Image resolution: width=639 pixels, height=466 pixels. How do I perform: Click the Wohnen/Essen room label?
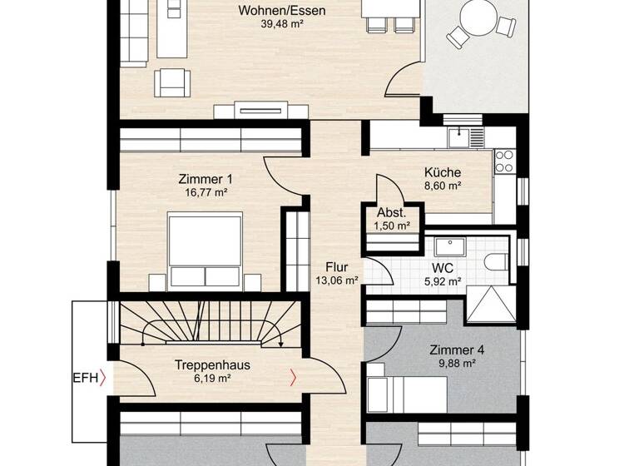click(x=281, y=11)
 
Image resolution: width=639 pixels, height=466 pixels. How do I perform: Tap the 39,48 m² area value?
click(x=281, y=24)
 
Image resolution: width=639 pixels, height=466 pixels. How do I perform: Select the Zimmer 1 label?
click(x=206, y=179)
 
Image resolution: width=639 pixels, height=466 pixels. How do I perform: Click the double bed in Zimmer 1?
click(x=206, y=250)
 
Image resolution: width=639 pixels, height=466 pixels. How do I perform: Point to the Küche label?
click(x=441, y=173)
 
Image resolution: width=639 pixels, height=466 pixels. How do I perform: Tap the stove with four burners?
click(x=504, y=161)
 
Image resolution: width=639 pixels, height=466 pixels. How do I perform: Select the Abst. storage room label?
click(x=392, y=212)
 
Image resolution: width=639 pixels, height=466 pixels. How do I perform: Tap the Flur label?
click(x=337, y=267)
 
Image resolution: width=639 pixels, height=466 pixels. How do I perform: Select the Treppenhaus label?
click(x=212, y=364)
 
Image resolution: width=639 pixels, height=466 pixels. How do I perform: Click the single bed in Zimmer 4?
click(x=404, y=388)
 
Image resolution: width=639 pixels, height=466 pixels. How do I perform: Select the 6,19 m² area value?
click(x=212, y=378)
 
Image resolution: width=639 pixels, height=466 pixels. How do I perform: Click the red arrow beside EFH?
click(x=102, y=379)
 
